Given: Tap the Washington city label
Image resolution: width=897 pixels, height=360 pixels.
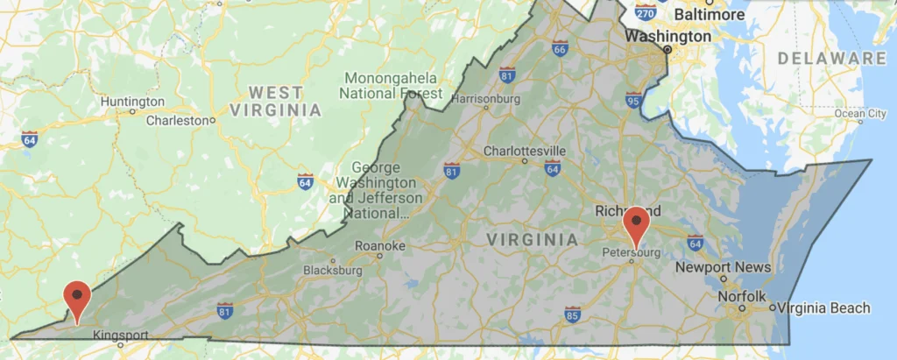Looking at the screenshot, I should [x=667, y=37].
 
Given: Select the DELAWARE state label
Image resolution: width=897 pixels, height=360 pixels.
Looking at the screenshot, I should [x=832, y=59].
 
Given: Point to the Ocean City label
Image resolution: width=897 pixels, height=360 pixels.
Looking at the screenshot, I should [x=860, y=113].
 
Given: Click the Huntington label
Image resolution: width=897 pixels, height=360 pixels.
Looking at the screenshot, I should [x=132, y=102].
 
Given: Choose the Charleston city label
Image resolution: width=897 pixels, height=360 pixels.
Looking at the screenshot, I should [x=180, y=120].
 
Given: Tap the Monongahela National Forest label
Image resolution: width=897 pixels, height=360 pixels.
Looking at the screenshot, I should [x=391, y=85].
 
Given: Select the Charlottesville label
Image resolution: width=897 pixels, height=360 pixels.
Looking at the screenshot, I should [x=525, y=151].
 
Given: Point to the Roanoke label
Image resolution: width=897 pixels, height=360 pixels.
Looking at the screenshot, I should [x=379, y=246].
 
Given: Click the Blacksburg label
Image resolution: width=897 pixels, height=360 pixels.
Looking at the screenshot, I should [x=332, y=271].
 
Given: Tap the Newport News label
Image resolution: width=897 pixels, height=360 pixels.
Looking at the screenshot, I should [x=723, y=267].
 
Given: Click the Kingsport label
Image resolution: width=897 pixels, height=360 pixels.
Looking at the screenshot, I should [x=122, y=335].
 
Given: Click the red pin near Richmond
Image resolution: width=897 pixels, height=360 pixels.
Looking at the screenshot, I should [x=635, y=226].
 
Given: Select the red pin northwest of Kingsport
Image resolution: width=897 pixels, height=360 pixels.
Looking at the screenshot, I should [x=78, y=300].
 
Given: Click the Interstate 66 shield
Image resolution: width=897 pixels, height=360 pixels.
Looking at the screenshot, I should [x=560, y=48].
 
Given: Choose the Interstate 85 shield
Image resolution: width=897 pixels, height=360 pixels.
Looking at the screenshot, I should [x=572, y=314].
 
